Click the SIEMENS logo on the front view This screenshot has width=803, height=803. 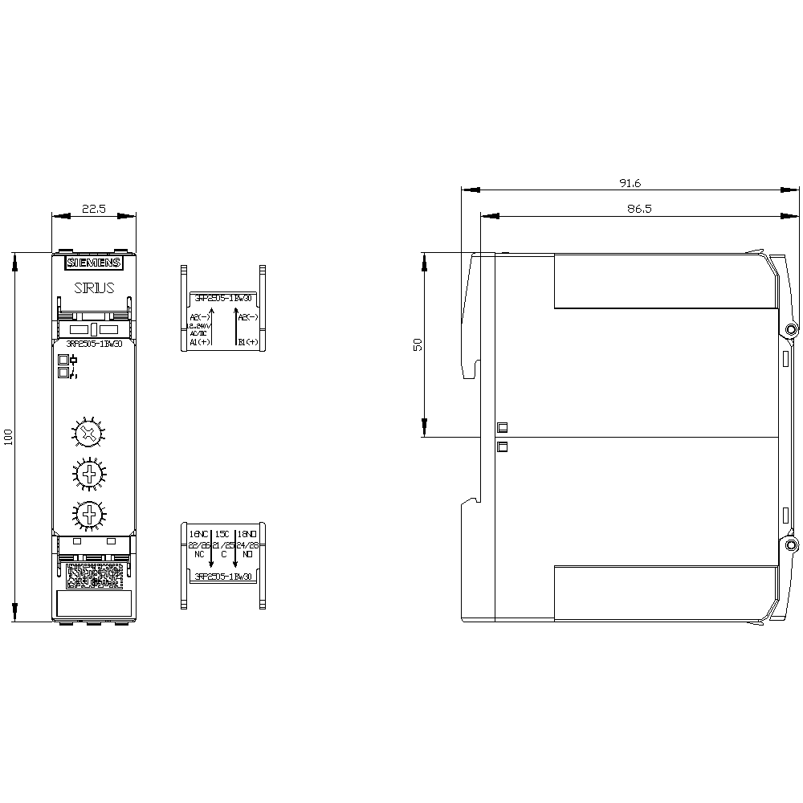click(94, 263)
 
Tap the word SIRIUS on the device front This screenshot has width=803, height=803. click(94, 287)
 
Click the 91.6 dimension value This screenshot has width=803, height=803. click(630, 183)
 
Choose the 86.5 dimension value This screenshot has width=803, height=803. click(630, 208)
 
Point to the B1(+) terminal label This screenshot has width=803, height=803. click(247, 342)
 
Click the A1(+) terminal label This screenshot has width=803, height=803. click(199, 342)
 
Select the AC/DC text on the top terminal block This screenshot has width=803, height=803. click(198, 333)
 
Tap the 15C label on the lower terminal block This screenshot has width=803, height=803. click(222, 534)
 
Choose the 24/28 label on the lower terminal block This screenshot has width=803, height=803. click(247, 544)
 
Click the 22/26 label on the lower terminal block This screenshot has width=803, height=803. click(198, 544)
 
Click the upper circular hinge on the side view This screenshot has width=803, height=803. click(791, 330)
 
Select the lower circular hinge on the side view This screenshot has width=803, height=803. click(791, 546)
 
